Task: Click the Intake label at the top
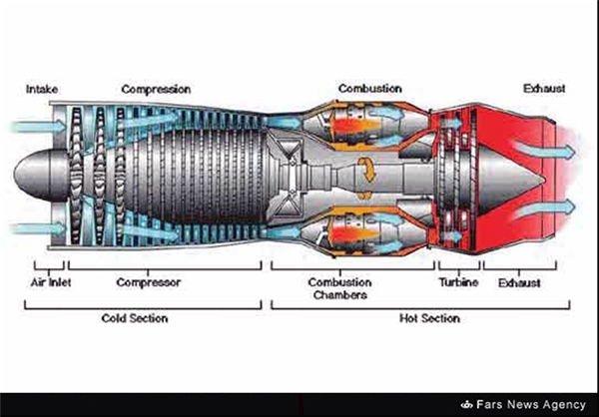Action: pos(42,90)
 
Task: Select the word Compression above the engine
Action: pos(156,90)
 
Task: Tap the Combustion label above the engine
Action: pos(369,89)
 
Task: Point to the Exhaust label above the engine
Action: pos(544,89)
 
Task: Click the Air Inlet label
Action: pos(51,282)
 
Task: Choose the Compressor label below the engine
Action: pos(148,282)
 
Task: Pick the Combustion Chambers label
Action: pos(340,288)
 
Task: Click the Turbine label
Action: pos(458,282)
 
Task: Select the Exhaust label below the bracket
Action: pos(519,283)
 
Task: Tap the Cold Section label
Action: pos(135,318)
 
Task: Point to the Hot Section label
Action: pos(429,318)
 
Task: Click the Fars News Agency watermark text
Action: pos(531,404)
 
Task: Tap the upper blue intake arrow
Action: pos(38,126)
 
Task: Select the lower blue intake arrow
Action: pos(38,228)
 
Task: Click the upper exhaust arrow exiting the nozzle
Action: pos(544,149)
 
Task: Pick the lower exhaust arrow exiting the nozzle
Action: pos(544,208)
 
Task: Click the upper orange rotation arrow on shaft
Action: pos(367,170)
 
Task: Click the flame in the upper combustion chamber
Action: pos(353,125)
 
